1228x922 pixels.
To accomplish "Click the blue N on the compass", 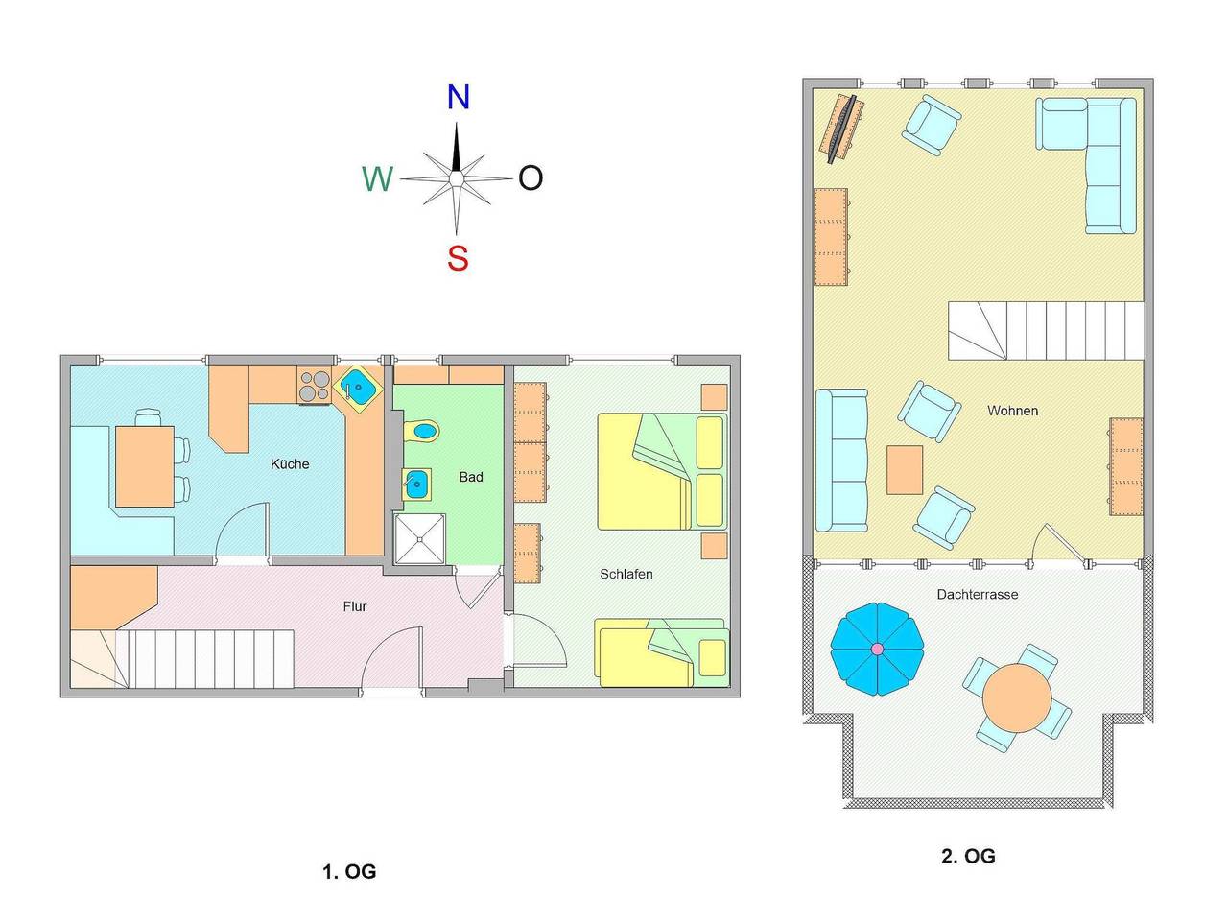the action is (458, 97).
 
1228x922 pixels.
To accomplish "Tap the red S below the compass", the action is (458, 258).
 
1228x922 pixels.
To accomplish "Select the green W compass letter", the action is (378, 178).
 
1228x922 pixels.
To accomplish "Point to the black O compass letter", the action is (530, 177).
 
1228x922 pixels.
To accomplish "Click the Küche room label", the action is (289, 463).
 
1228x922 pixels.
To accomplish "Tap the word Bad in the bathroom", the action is (470, 477).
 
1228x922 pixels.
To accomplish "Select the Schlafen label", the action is (626, 574).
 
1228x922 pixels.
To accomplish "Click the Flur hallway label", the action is (355, 606).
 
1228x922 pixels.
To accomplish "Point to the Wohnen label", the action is (1012, 411).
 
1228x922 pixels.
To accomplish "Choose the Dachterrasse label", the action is (977, 594).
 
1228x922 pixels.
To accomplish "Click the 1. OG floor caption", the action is (349, 871).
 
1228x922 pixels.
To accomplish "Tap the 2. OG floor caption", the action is (968, 856).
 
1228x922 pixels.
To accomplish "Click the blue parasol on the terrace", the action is (877, 649).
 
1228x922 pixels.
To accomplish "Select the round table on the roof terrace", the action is (1017, 697).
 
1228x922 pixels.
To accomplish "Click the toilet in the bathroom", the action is (421, 431).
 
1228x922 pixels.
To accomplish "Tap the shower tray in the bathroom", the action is (419, 539).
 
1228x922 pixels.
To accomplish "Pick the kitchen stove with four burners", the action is (314, 387).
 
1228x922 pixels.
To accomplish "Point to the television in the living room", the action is (842, 129).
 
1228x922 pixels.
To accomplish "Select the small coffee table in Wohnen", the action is (904, 470).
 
